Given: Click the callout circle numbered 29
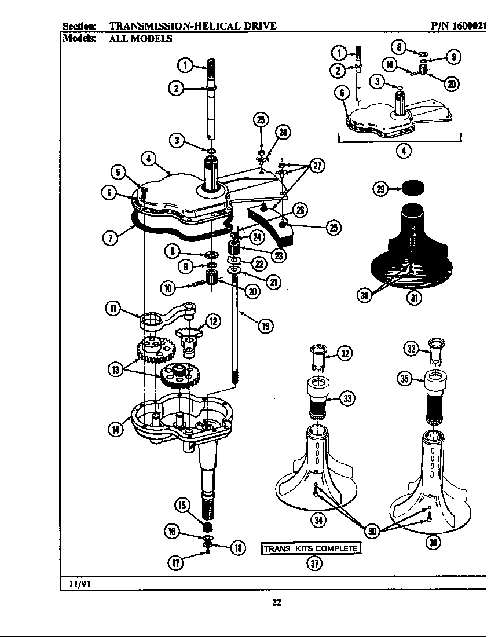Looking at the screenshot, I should tap(380, 189).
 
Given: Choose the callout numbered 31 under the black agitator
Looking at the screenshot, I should tap(413, 298).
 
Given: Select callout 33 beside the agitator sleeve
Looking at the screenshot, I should tap(348, 398).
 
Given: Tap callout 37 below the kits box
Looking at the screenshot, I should tap(313, 566).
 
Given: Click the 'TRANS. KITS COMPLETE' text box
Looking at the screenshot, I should tap(312, 548).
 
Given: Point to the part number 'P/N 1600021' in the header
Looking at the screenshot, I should tap(459, 25).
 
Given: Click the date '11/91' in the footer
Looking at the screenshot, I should tap(77, 584).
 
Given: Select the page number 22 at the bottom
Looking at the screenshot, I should tap(277, 602).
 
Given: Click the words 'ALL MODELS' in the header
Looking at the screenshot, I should tap(141, 39).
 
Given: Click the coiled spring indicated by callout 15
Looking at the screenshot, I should tap(207, 528).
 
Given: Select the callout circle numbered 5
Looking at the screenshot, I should tap(118, 172).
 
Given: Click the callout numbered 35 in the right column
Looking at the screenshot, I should tap(405, 379).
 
